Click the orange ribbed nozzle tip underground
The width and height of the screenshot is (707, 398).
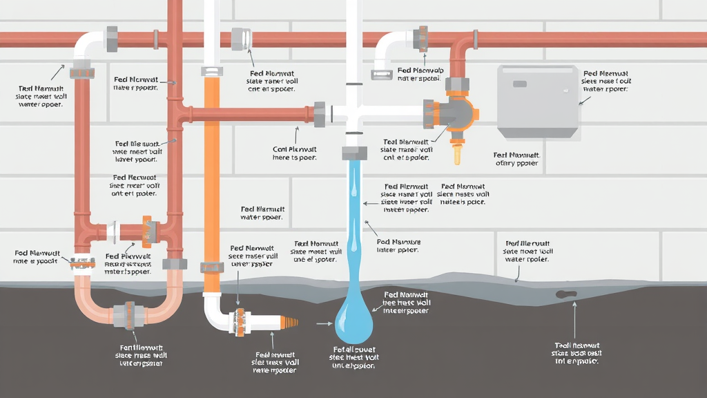click(289, 322)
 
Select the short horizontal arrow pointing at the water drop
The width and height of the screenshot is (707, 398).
click(323, 323)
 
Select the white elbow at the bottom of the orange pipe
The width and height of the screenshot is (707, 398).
click(213, 311)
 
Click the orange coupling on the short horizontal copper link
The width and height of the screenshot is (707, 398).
click(146, 231)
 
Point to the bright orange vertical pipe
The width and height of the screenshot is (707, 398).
click(211, 173)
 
